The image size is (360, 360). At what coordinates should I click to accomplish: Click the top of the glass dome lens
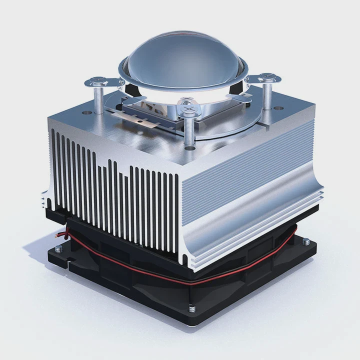tap(181, 47)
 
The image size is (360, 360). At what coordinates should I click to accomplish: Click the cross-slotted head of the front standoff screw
tap(189, 105)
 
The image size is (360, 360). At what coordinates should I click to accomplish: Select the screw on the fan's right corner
tap(306, 242)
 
